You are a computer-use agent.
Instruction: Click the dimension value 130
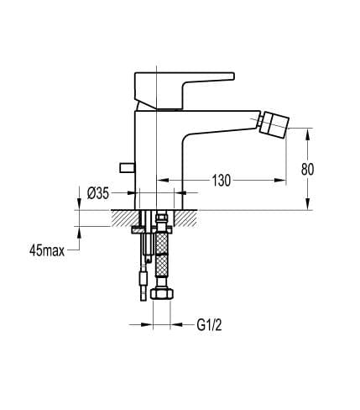(x=221, y=180)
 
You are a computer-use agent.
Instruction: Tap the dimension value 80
(x=307, y=168)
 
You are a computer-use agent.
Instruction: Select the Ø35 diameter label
(x=98, y=192)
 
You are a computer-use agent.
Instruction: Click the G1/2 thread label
(x=210, y=323)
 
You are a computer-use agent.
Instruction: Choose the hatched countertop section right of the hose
(x=188, y=217)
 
